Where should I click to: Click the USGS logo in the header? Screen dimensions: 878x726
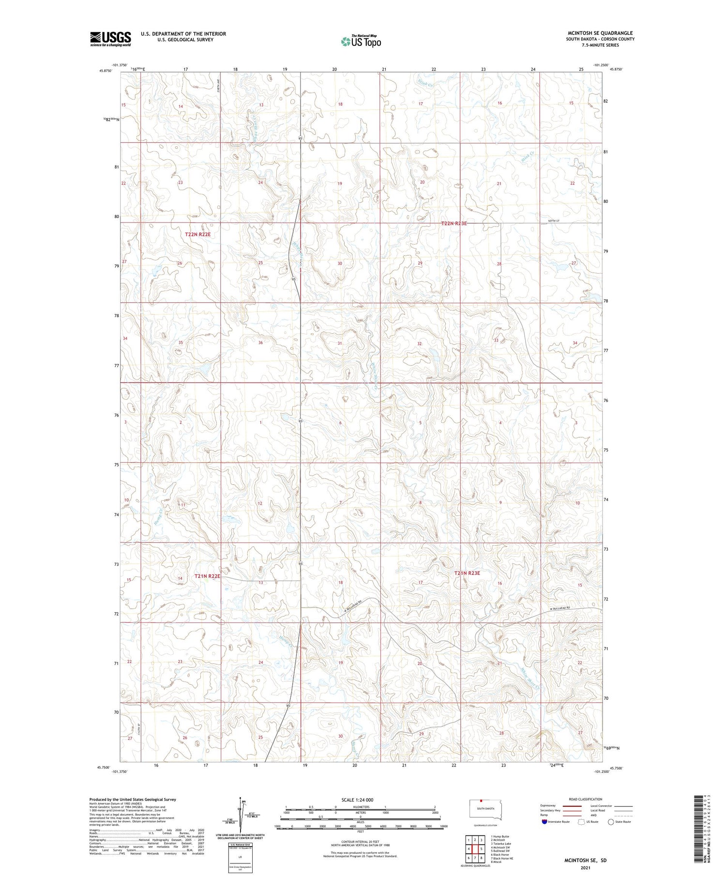point(110,39)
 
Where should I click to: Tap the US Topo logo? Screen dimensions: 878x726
point(361,42)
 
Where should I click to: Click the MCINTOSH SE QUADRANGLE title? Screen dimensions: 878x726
point(600,33)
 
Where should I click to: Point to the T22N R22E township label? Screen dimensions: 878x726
point(198,234)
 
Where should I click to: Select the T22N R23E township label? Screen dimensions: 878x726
point(454,224)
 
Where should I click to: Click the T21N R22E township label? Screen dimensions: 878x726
point(207,576)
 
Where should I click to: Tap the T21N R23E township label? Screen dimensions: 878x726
point(467,573)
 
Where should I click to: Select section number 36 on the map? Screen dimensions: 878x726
point(260,343)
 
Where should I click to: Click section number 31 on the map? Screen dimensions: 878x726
point(340,343)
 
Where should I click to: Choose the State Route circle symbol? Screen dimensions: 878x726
point(611,822)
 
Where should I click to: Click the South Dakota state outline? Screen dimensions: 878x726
point(486,810)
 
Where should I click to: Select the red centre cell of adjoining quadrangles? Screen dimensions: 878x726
point(475,849)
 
